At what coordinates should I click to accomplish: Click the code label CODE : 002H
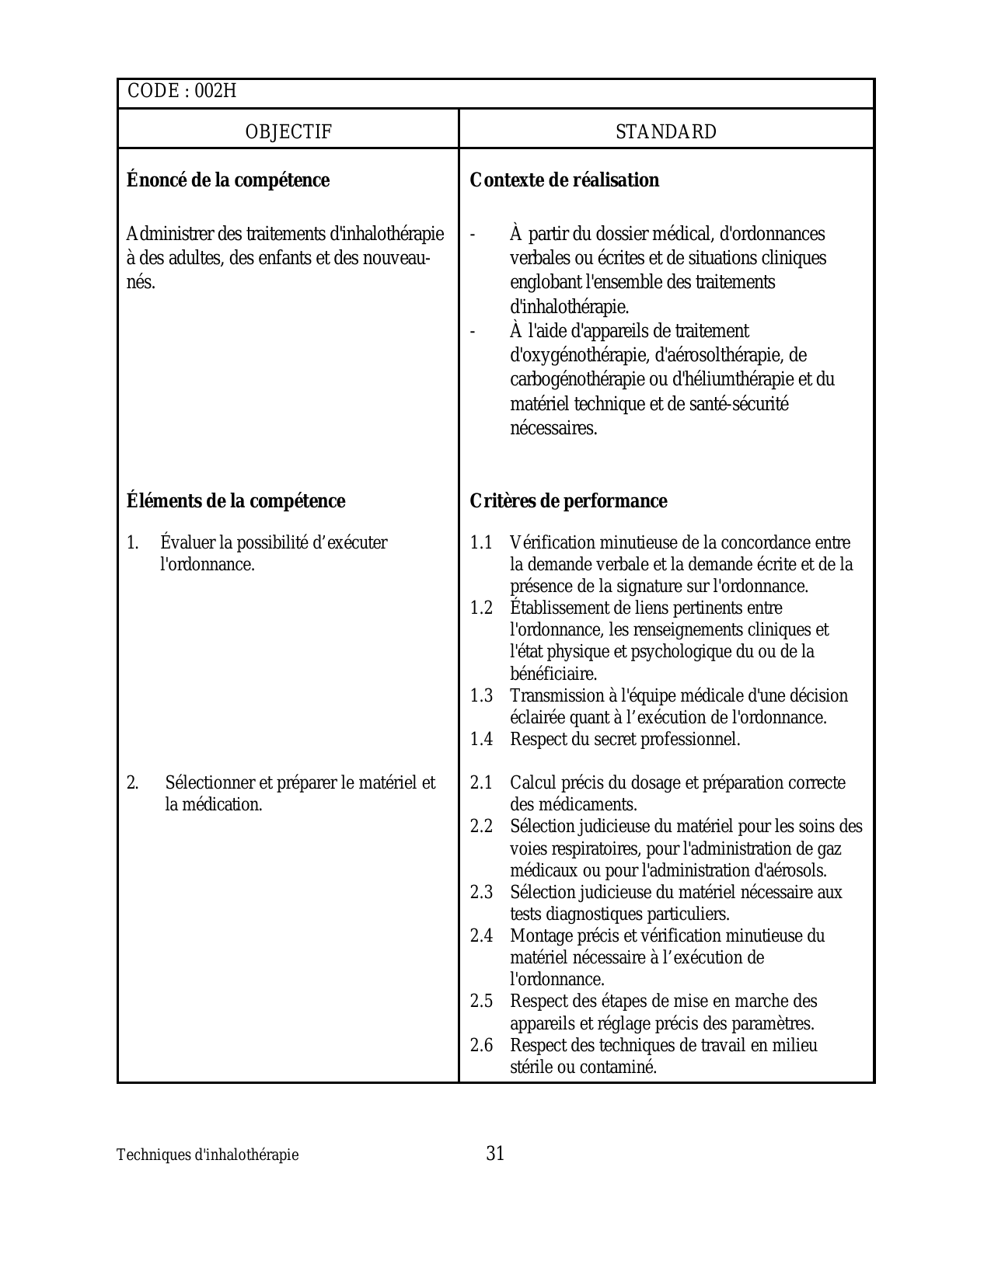point(181,92)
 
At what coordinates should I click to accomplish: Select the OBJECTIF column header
point(288,132)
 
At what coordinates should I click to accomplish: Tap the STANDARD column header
point(666,132)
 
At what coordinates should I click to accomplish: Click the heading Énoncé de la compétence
point(228,180)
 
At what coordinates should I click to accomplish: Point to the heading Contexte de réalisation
point(564,180)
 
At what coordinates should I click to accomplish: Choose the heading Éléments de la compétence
point(236,501)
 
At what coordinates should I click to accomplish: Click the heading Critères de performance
point(568,501)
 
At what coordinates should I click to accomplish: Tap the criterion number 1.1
point(481,543)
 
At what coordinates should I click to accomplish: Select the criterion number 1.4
point(481,740)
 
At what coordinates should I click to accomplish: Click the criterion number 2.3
point(481,893)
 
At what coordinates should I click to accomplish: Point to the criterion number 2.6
point(481,1046)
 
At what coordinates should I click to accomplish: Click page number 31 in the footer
point(495,1154)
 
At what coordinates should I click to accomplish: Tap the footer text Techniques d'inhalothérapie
point(208,1155)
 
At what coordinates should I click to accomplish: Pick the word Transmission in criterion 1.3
point(557,696)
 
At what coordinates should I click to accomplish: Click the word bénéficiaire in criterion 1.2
point(553,674)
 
